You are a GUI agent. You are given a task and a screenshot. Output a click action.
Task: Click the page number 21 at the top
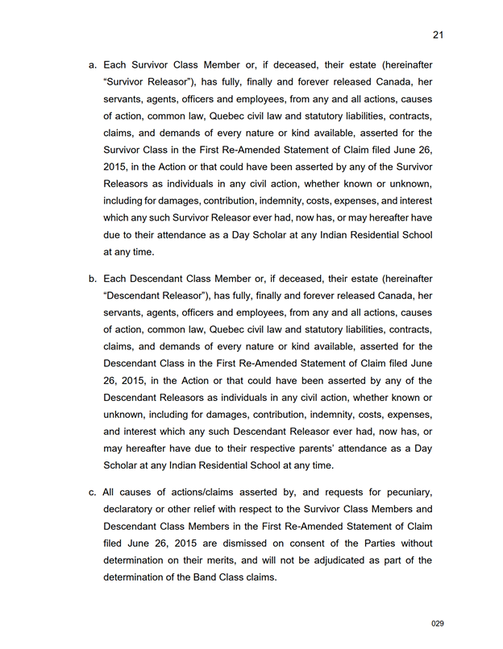[x=439, y=35]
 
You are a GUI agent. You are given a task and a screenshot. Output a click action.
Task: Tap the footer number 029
[x=438, y=623]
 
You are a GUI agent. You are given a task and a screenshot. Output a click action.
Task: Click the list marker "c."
[x=93, y=492]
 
